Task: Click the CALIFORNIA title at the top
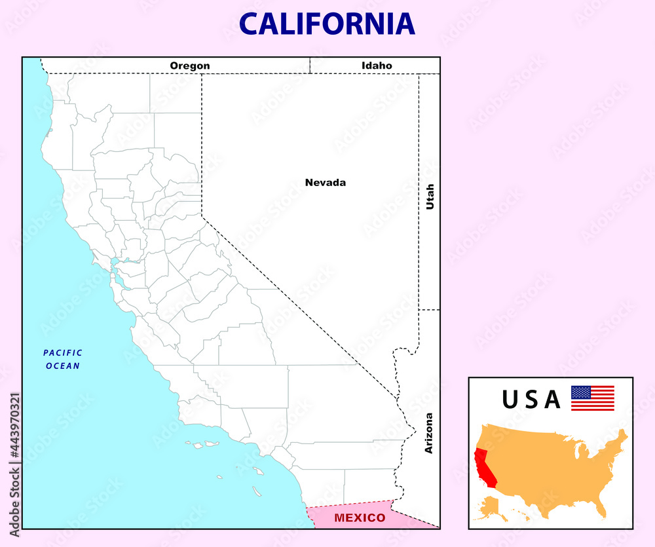point(327,24)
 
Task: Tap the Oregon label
point(190,66)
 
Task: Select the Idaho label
point(377,66)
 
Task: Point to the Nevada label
point(326,183)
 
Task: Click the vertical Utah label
point(430,197)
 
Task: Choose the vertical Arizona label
point(429,433)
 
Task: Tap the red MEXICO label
point(360,518)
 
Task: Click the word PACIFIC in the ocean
point(63,353)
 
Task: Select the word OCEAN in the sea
point(63,366)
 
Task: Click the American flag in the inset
point(593,398)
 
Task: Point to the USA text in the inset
point(531,399)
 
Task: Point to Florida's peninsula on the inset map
point(602,508)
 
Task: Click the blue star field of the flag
point(581,392)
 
